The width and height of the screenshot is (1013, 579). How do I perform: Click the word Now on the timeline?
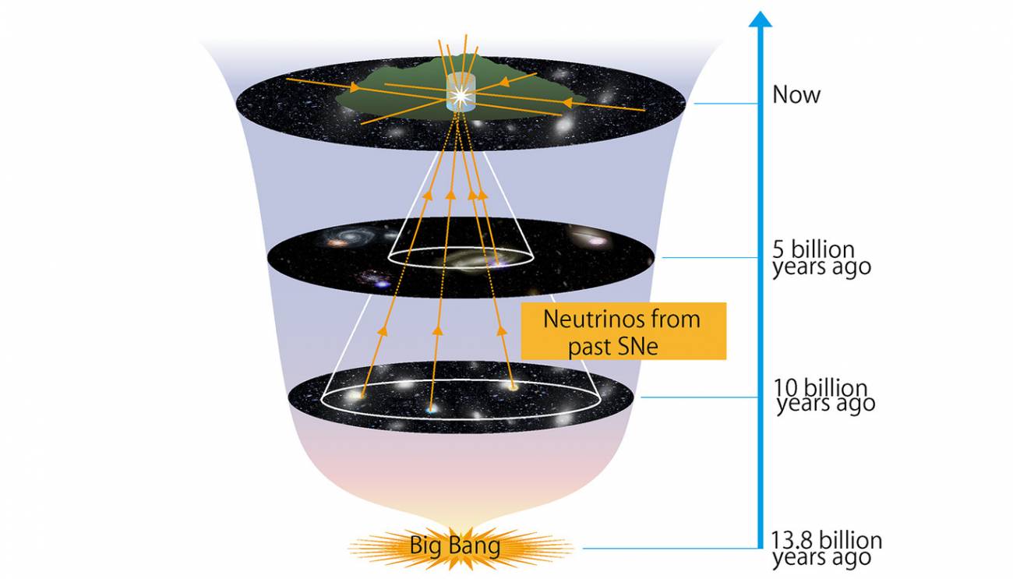tap(796, 94)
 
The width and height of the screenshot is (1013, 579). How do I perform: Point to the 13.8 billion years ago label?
tap(827, 549)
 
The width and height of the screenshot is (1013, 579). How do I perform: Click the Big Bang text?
tap(455, 545)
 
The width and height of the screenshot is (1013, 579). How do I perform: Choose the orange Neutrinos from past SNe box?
tap(623, 331)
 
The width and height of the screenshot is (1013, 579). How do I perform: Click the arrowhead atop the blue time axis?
tap(761, 19)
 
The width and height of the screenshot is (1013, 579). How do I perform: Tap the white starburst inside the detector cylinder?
tap(461, 95)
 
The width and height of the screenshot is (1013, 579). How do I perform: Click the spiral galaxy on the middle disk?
tap(350, 236)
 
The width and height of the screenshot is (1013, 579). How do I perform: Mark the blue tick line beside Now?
tap(725, 104)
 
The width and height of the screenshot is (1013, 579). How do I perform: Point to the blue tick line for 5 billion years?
tap(710, 258)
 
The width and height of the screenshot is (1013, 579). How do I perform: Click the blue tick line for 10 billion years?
tap(699, 397)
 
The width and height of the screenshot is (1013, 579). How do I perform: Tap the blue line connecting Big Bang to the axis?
tap(671, 549)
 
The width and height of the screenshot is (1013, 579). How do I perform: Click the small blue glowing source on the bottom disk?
tap(432, 409)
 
